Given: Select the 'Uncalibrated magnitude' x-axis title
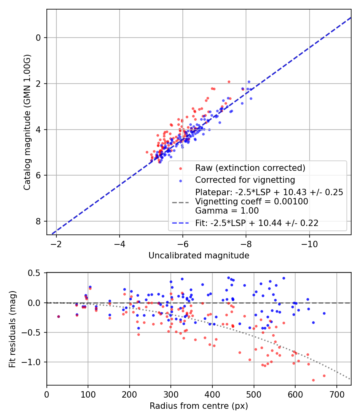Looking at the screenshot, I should point(199,256).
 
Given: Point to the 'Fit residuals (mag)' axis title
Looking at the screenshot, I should point(12,329).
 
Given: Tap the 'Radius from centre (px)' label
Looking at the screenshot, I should point(199,406).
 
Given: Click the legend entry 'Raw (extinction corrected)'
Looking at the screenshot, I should point(250,168).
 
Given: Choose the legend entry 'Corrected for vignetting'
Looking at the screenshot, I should point(245,180).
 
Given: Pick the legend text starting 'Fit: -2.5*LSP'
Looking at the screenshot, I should point(257,223).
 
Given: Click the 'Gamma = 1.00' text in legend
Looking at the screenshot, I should point(227,211).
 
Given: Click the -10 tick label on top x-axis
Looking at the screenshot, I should point(309,244).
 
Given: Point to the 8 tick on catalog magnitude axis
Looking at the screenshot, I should point(39,221).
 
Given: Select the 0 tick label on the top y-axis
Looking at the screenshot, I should point(39,38).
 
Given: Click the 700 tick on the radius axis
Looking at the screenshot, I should point(336,394).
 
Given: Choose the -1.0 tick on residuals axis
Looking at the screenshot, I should point(34,362).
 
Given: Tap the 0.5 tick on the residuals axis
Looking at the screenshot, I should point(36,273).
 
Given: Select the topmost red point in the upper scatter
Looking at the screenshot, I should point(229,82).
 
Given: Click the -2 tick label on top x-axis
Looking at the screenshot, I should point(56,244).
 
